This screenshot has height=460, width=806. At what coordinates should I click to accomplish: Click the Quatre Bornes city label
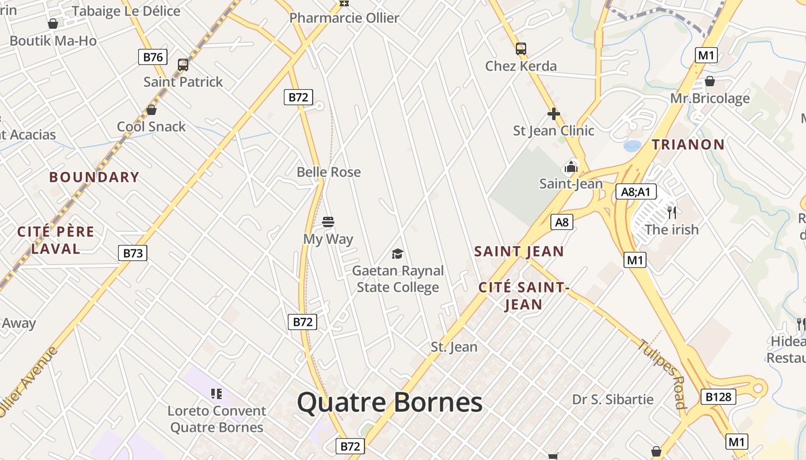point(390,402)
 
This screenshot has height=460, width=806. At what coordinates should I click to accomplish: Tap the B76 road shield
point(153,57)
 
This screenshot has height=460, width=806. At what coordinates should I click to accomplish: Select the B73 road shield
point(133,253)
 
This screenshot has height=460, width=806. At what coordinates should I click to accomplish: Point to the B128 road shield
point(718,397)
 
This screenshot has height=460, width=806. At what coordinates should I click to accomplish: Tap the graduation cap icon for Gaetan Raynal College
point(397,254)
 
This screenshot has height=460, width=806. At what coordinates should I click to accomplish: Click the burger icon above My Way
point(328,222)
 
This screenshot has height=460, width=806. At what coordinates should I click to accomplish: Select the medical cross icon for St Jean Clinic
point(554,114)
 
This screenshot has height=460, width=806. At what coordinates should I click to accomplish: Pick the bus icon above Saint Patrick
point(183,64)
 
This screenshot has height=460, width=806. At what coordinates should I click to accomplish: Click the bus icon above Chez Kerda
point(521,49)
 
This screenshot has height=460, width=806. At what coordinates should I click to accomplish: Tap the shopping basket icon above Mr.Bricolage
point(710,81)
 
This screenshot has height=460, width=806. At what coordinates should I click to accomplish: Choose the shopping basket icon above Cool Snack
point(151,109)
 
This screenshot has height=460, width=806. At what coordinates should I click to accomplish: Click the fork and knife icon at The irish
point(672,213)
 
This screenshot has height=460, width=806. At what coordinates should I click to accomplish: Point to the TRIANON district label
point(688,144)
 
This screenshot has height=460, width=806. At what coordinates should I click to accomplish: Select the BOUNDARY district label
point(94,177)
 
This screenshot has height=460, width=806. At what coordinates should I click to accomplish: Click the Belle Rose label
point(329,172)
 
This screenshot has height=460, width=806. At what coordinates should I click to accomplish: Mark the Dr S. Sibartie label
point(613,399)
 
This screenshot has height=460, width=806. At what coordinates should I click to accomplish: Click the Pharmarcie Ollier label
point(344,18)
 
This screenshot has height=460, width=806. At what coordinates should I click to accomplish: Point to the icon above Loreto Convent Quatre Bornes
point(216,394)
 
